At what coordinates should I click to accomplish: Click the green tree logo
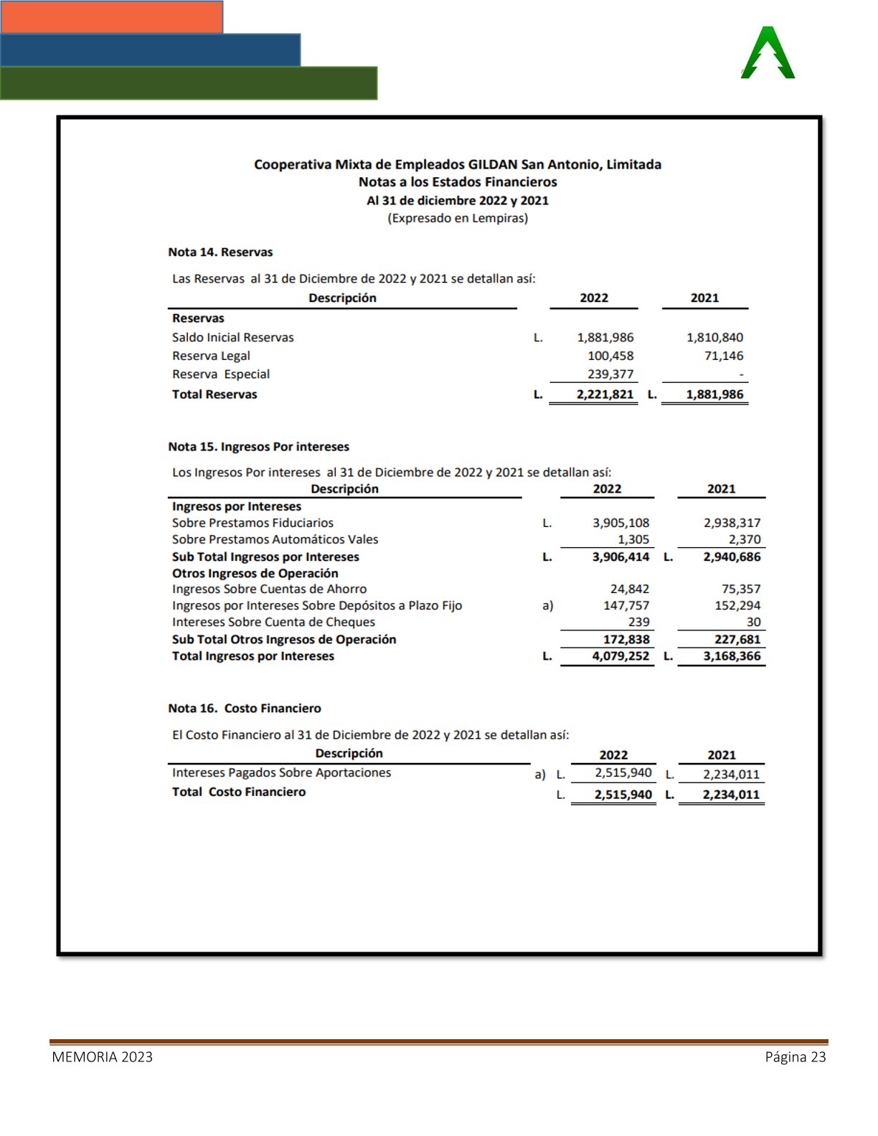pos(768,53)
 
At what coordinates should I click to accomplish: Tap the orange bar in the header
pos(112,16)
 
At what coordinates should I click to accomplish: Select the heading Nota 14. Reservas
pos(220,252)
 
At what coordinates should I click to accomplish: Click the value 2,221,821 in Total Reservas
pos(605,394)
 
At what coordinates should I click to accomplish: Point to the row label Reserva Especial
pos(221,374)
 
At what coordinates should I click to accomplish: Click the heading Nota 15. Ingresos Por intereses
pos(258,447)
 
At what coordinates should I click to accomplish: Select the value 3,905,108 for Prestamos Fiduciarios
pos(620,523)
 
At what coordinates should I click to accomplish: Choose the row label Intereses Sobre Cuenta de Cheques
pos(273,623)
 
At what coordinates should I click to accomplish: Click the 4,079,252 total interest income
pos(620,656)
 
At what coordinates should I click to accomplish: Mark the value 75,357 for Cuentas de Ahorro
pos(741,589)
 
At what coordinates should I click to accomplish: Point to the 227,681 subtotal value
pos(737,640)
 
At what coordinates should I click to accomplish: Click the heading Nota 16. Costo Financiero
pos(245,709)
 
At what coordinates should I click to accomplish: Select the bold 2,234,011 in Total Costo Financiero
pos(730,795)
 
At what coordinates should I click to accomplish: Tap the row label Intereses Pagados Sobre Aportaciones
pos(281,773)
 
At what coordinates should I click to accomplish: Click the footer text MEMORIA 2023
pos(102,1057)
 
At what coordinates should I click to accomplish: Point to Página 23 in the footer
pos(796,1057)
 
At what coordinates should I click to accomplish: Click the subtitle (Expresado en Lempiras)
pos(458,218)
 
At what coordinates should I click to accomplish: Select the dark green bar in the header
pos(189,83)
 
